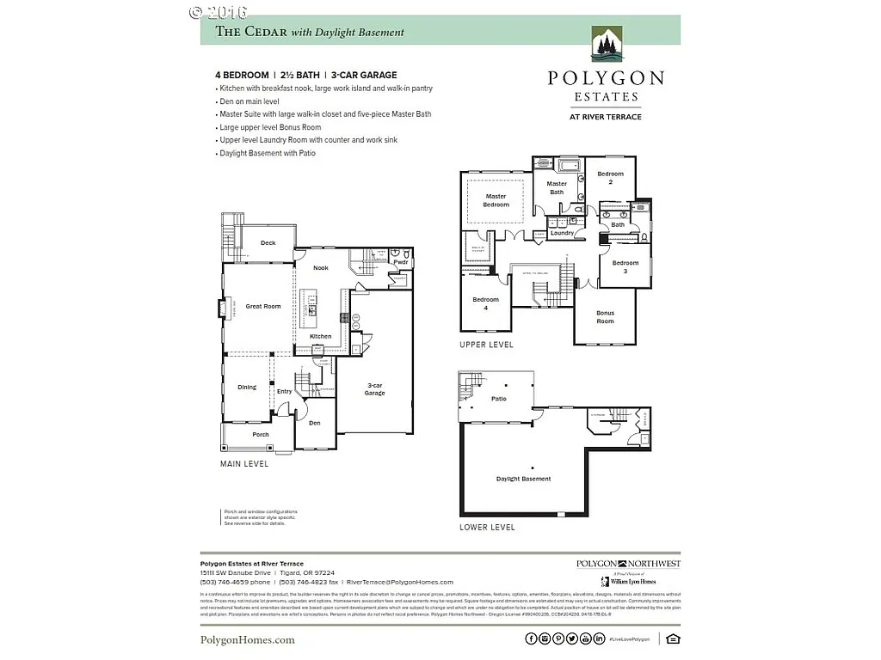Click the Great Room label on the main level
tap(263, 306)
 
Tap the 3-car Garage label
tap(374, 389)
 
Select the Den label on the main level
tap(315, 423)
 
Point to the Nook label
tap(320, 268)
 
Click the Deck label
tap(268, 243)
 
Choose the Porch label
tap(261, 435)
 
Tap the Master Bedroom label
tap(496, 200)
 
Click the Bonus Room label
tap(606, 317)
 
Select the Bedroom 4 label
tap(485, 303)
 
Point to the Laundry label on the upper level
tap(562, 233)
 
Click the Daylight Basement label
tap(523, 479)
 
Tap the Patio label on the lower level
tap(499, 399)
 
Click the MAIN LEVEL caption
tap(244, 464)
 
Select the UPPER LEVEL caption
tap(486, 345)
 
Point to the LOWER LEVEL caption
tap(487, 527)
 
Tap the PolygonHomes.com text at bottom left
tap(248, 639)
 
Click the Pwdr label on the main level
tap(401, 262)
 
